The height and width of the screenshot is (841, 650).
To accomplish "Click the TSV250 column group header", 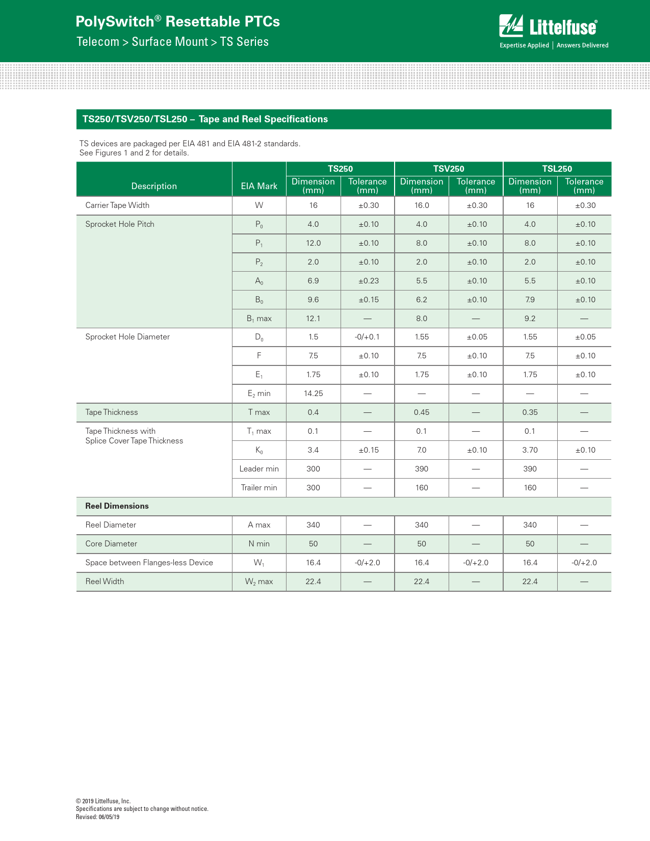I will tap(449, 169).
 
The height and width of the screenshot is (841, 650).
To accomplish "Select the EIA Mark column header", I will tap(259, 186).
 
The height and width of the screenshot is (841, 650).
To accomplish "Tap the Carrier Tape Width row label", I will tap(117, 205).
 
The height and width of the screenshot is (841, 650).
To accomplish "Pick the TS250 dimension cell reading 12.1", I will tap(313, 319).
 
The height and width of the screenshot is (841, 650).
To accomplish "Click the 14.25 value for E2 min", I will tap(313, 393).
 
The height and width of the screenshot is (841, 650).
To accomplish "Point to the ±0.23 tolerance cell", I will tap(368, 281).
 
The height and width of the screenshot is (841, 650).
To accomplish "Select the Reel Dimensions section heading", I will tap(117, 506).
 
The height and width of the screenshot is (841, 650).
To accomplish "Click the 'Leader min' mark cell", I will tap(259, 469).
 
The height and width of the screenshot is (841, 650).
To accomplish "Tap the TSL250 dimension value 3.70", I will tap(530, 450).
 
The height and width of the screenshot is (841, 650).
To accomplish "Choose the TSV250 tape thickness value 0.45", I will tap(422, 412).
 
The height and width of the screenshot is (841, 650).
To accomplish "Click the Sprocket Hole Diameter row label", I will tap(127, 337).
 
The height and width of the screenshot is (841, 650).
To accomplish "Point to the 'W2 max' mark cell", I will tap(259, 582).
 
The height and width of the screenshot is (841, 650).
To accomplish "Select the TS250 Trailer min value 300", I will tap(313, 488).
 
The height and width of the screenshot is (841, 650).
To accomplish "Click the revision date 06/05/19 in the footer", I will tap(109, 817).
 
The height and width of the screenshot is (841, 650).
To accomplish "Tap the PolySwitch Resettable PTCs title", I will tap(177, 21).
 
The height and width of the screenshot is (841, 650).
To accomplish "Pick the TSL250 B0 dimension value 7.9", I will tap(530, 300).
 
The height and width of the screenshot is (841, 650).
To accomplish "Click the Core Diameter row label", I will tap(111, 544).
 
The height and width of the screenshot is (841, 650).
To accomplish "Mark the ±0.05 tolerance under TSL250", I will tap(585, 337).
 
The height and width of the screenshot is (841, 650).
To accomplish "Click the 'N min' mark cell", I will tap(259, 544).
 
